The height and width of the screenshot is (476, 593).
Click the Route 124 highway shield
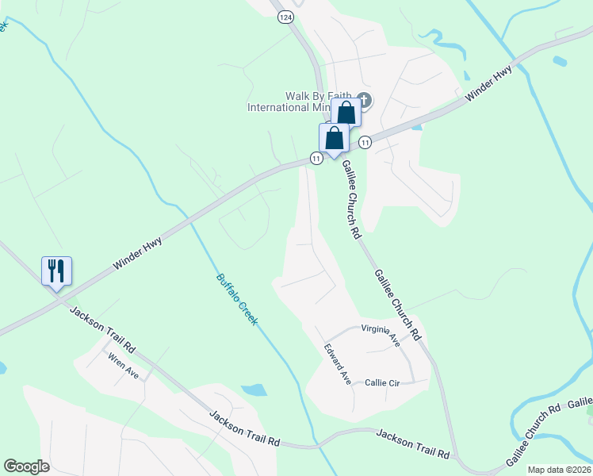284,16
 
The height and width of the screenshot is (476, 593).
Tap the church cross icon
365,100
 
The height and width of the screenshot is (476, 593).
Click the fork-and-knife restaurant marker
56,271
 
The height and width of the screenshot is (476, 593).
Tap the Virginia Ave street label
381,333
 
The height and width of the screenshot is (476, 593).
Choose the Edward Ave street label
337,364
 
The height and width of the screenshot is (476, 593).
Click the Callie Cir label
382,382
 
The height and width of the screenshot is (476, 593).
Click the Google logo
26,466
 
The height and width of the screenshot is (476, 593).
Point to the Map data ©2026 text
559,470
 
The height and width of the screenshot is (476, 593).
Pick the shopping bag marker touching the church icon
346,112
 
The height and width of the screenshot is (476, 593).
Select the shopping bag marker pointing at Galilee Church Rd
335,138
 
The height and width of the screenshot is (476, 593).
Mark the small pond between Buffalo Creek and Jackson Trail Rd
254,390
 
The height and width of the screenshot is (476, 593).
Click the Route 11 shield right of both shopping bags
365,142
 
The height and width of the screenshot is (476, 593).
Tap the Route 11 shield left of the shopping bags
316,159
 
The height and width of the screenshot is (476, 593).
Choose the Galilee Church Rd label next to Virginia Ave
397,305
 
